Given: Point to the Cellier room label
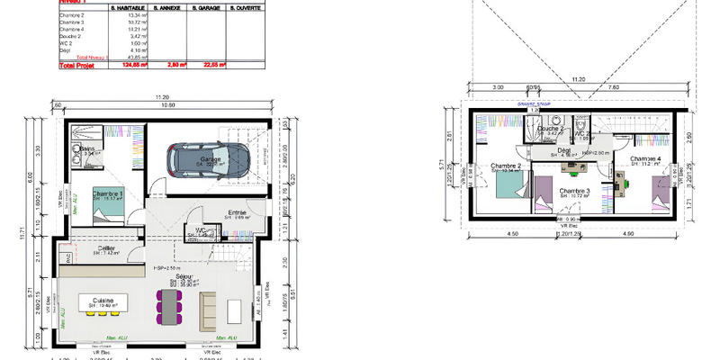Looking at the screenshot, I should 106,249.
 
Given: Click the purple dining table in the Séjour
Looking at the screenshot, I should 168,307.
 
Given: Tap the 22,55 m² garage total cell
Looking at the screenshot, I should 213,66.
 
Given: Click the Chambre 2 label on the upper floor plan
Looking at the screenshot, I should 509,166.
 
